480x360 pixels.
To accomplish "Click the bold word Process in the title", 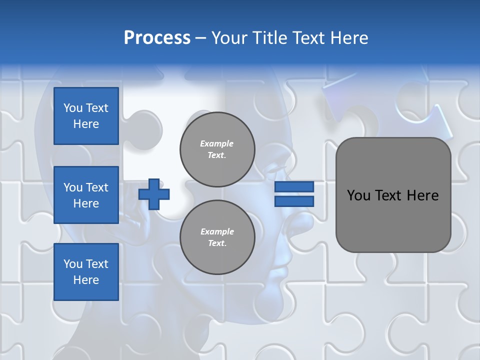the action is (157, 38).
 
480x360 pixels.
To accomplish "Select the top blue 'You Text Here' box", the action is (86, 116).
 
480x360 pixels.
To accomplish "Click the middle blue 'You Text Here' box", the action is (86, 195).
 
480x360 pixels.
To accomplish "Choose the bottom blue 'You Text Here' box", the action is (86, 272).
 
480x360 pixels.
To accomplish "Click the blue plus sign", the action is (154, 194).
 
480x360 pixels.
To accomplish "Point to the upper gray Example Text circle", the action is (217, 149).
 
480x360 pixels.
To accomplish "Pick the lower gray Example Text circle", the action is (217, 237).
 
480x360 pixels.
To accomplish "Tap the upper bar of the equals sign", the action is (294, 186).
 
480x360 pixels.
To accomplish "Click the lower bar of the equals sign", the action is (294, 201).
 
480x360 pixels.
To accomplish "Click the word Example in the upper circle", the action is (217, 143).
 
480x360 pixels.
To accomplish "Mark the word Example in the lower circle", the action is (217, 231).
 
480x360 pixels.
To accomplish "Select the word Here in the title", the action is (348, 38).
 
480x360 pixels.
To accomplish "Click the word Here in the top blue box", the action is (86, 124).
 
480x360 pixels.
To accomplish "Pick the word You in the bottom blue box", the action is (73, 264).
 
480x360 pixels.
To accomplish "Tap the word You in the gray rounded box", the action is (358, 195).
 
